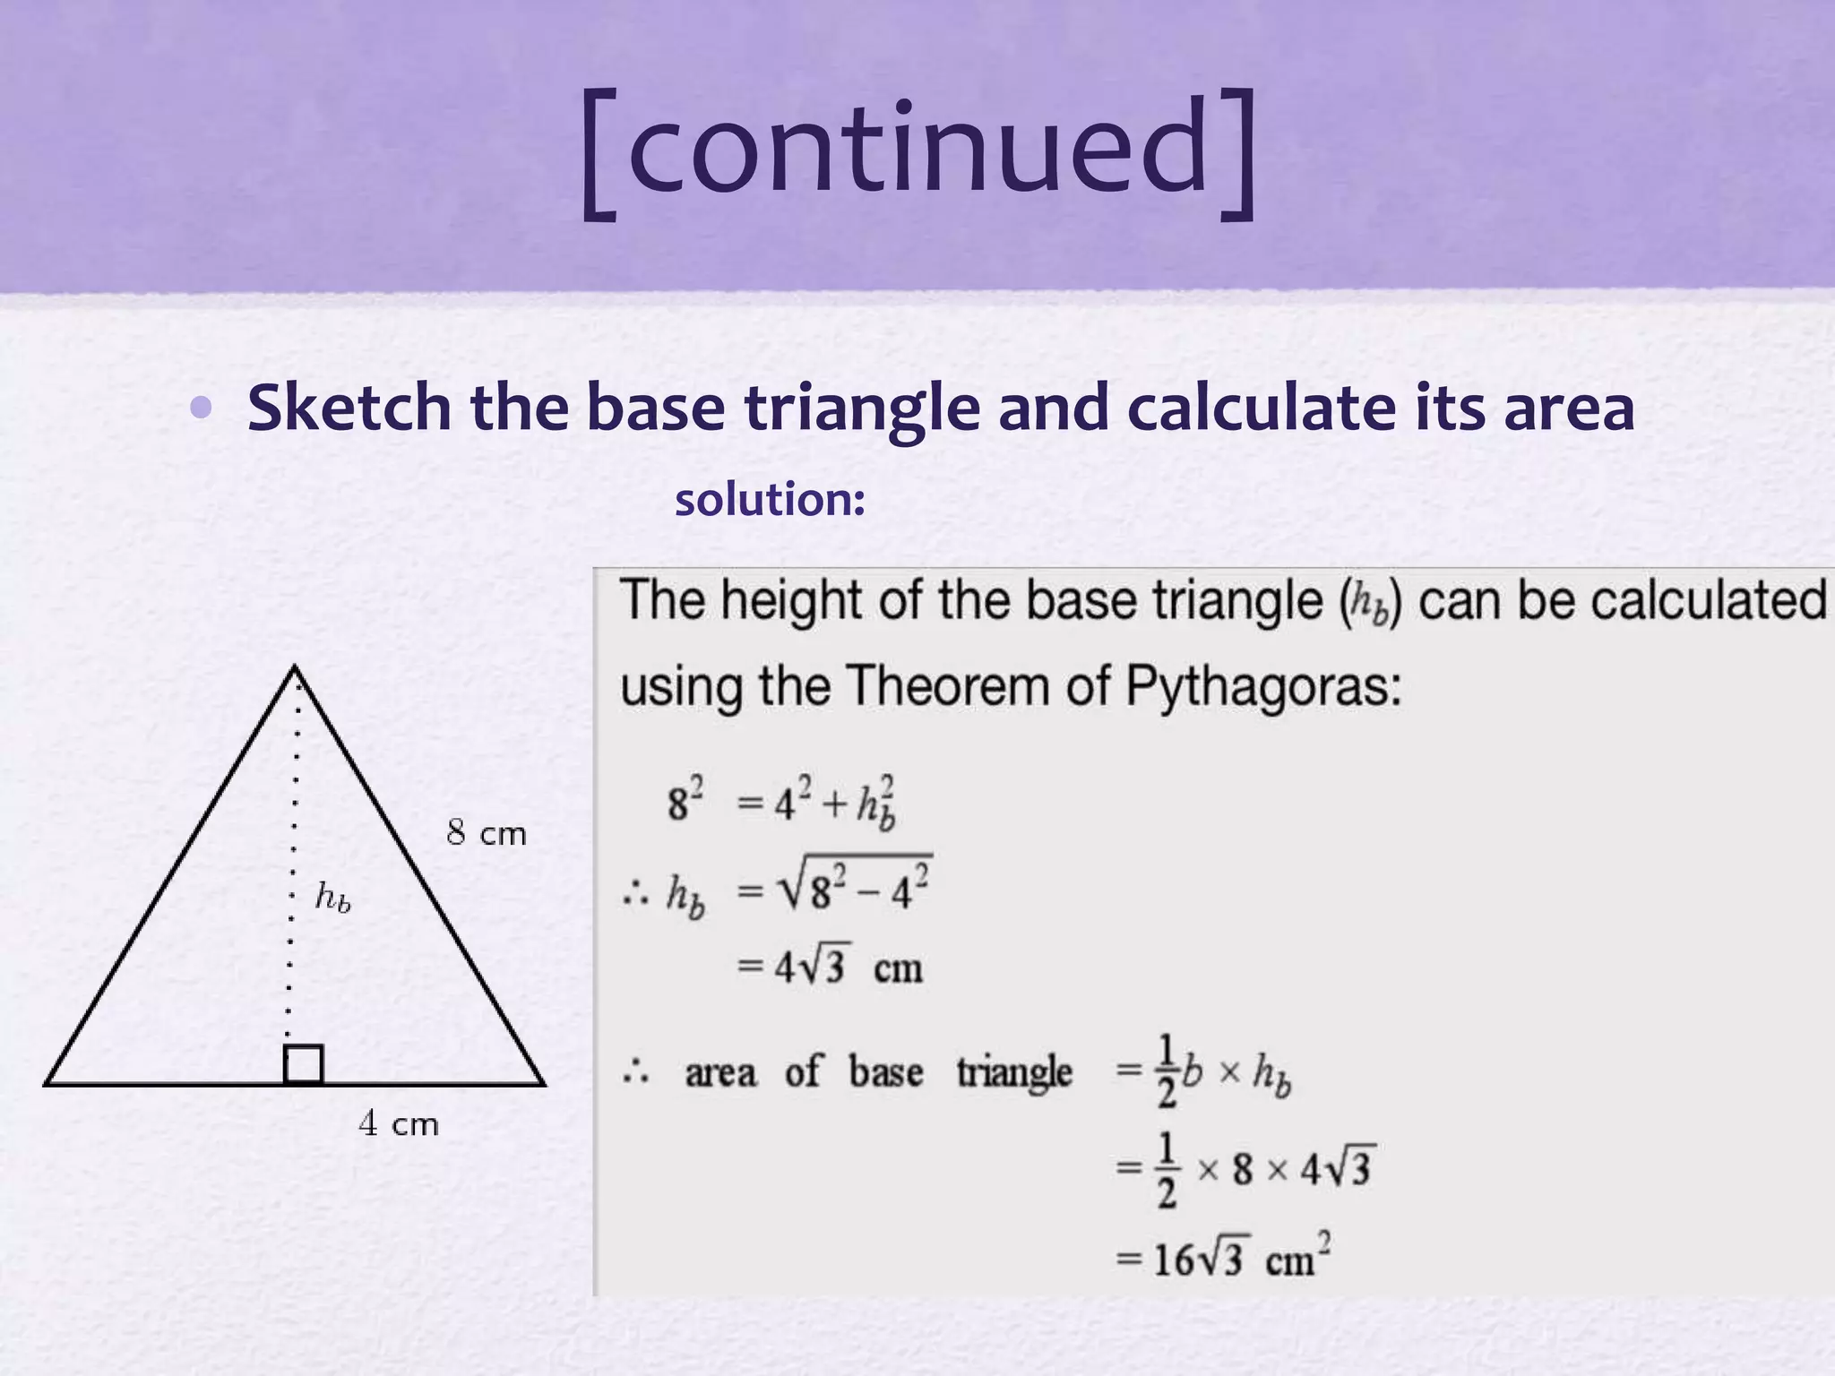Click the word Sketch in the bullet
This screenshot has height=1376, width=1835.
349,408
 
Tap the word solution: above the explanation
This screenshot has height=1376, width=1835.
770,499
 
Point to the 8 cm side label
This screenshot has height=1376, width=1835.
487,834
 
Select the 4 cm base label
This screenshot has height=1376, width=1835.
399,1123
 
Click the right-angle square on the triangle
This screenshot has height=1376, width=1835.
304,1064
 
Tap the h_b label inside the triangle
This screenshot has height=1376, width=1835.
332,896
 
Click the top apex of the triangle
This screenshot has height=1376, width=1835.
296,667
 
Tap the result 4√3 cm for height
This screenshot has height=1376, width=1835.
830,967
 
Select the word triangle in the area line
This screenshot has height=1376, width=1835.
1014,1072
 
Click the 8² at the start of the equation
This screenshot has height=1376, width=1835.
685,800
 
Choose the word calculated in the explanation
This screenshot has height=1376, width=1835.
1708,599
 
